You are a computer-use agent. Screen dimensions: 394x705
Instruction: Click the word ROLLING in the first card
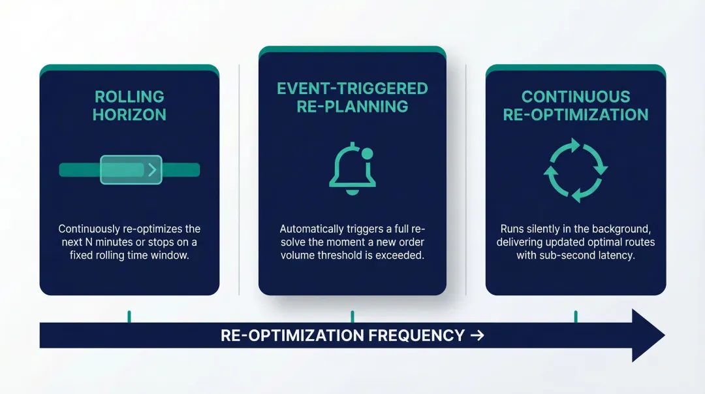click(x=129, y=97)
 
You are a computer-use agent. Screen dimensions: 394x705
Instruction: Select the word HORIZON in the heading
click(x=129, y=115)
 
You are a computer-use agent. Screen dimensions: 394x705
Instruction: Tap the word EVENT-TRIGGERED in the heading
click(x=352, y=88)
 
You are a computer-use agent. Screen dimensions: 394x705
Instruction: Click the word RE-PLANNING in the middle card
click(x=352, y=107)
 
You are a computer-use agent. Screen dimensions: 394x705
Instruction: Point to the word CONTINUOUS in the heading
click(x=576, y=97)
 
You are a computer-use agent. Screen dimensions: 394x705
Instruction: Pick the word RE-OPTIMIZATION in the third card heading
click(x=576, y=115)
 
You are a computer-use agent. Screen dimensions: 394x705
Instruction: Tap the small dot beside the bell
click(x=367, y=153)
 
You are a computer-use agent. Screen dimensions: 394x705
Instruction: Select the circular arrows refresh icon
click(x=576, y=170)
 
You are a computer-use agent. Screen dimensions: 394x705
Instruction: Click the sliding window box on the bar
click(x=131, y=170)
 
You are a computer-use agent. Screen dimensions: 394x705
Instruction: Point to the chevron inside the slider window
click(x=152, y=170)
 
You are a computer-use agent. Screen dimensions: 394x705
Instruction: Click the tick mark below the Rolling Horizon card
click(x=129, y=316)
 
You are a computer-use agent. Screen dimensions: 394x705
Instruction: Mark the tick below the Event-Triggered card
click(x=352, y=316)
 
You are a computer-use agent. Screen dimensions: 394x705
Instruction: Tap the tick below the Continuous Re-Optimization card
click(x=576, y=316)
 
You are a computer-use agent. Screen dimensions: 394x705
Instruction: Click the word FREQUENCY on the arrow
click(x=415, y=336)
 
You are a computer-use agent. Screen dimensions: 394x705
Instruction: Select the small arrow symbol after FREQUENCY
click(x=477, y=336)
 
